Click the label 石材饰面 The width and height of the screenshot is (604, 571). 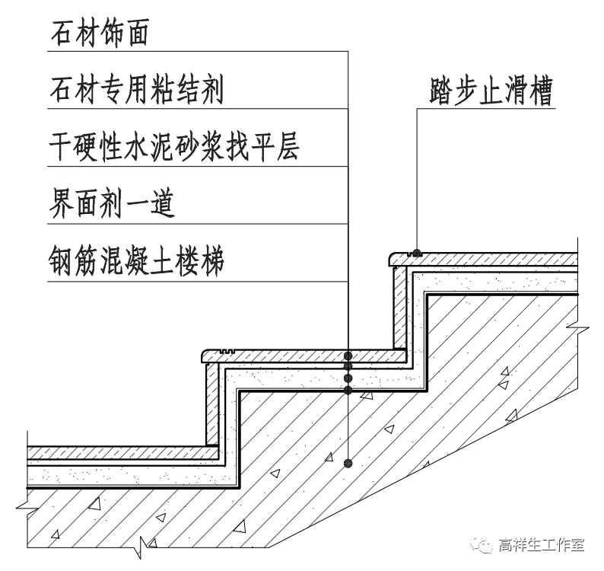(x=99, y=33)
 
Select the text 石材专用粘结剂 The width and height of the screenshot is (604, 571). (x=136, y=91)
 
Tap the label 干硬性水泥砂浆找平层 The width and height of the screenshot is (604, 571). (x=173, y=147)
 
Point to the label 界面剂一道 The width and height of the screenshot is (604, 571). (x=112, y=204)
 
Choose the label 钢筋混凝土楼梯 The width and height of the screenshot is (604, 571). (x=136, y=262)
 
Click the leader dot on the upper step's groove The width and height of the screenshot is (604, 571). (x=417, y=252)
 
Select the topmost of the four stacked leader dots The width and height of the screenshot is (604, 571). (x=348, y=356)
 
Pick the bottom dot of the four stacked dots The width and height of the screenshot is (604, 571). (x=348, y=391)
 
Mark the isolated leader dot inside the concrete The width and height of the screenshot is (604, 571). (x=348, y=462)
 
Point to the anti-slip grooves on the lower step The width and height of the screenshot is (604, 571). (x=223, y=352)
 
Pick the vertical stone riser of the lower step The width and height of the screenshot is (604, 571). (x=212, y=404)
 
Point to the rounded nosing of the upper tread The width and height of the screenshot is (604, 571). (x=390, y=259)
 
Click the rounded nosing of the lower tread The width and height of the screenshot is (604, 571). (x=205, y=356)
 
